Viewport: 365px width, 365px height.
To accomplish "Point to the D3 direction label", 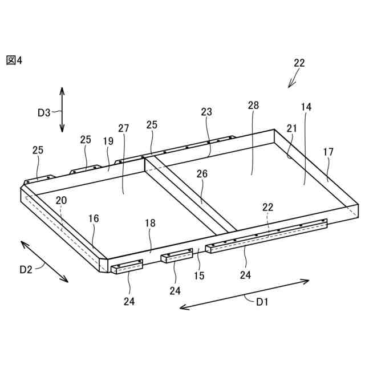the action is [44, 112].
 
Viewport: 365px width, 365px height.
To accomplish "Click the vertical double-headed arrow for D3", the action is [62, 109].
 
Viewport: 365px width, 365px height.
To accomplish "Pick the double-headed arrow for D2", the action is [45, 261].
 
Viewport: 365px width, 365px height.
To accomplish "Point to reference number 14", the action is [306, 107].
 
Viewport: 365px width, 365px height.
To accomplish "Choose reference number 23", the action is [206, 112].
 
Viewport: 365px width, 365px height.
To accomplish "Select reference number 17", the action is [328, 152].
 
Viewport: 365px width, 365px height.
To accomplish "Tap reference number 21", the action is [292, 129].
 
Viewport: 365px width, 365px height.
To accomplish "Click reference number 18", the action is [150, 224].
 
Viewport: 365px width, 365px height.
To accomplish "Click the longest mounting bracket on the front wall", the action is [266, 234].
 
